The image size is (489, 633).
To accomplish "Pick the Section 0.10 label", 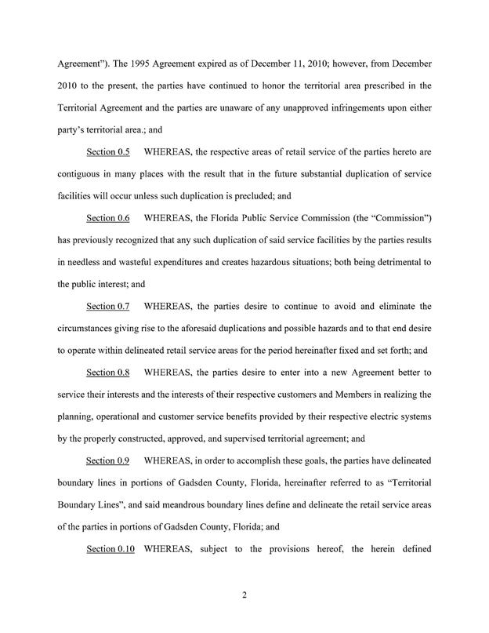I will (x=110, y=548).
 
